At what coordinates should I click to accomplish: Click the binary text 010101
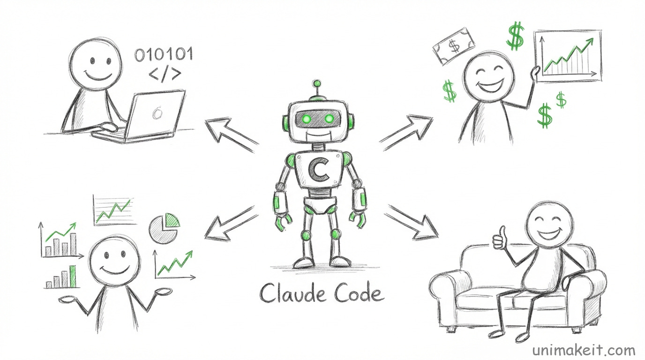163,55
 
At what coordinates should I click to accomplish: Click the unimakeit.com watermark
584,350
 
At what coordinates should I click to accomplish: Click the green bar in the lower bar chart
72,277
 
